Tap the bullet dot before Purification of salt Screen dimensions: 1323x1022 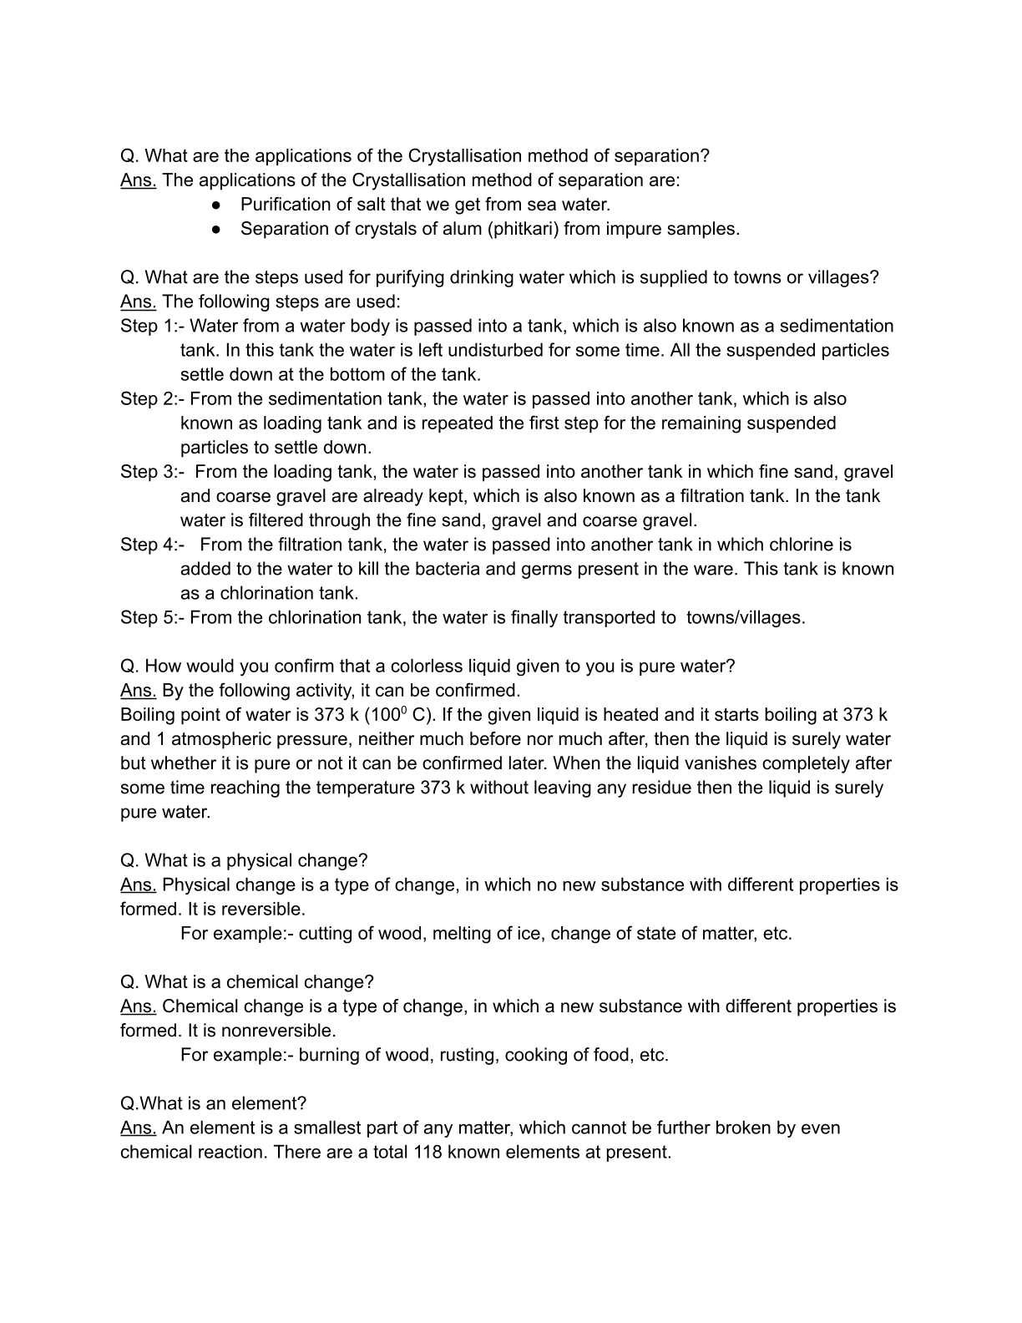point(216,205)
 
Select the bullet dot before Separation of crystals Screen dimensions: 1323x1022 point(216,229)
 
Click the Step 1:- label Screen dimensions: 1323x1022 point(152,326)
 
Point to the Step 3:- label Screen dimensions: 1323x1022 point(152,472)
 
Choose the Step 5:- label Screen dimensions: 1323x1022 point(152,618)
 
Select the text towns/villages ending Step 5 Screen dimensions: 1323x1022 point(746,618)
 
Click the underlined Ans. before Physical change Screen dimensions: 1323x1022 point(138,885)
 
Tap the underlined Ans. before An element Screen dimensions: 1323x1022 point(138,1128)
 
